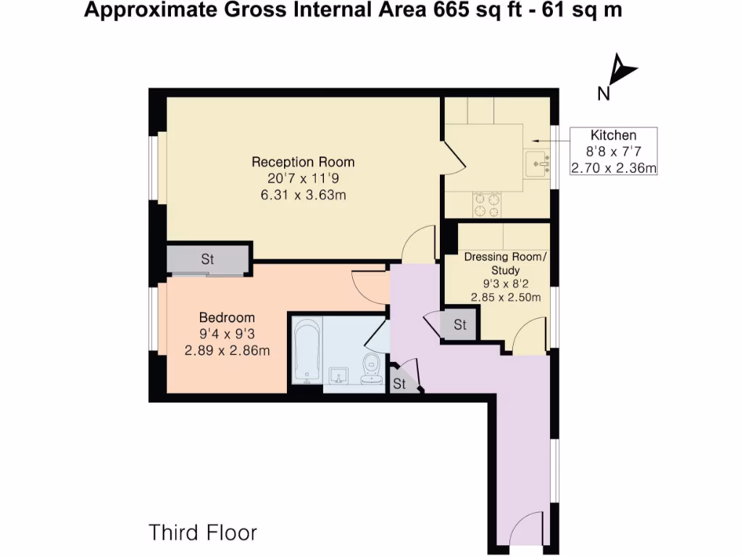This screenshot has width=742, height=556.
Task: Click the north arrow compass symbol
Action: (x=620, y=73)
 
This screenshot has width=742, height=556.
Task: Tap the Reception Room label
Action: (x=303, y=161)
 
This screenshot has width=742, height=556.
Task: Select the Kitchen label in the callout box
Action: (x=613, y=135)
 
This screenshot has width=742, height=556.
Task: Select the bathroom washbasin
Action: (x=338, y=376)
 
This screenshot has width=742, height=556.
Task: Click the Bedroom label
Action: (x=227, y=318)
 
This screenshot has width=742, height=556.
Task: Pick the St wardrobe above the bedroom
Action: (x=208, y=259)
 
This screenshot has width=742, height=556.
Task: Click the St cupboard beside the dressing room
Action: (x=460, y=325)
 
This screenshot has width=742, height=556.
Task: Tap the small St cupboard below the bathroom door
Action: (x=400, y=384)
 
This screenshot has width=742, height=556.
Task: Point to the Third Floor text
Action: (x=203, y=533)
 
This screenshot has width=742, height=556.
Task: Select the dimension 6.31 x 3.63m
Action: (x=303, y=195)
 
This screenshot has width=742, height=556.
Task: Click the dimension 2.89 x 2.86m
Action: (x=227, y=351)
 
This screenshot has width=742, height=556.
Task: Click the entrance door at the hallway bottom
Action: (x=527, y=528)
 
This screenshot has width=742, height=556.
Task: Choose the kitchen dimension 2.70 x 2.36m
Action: (x=613, y=169)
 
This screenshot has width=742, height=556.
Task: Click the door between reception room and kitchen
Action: (x=452, y=156)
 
